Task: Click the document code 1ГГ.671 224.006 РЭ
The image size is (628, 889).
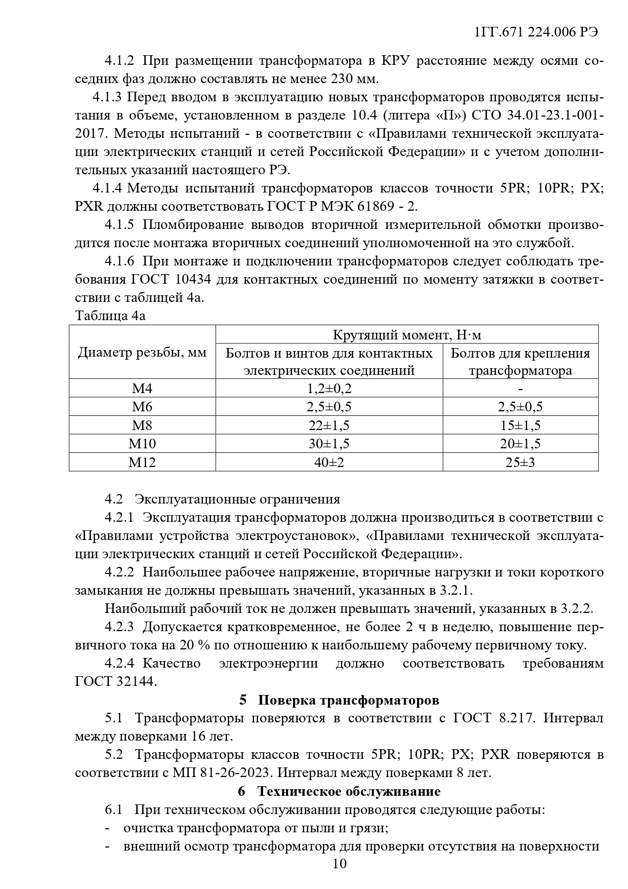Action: tap(536, 32)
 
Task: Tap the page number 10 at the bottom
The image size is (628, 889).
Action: tap(340, 863)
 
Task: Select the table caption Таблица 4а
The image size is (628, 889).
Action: tap(110, 316)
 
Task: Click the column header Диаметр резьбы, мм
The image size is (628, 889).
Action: tap(142, 353)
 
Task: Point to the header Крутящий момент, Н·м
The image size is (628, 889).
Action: tap(407, 335)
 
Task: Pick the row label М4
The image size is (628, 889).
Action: tap(142, 389)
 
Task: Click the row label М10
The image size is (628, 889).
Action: tap(142, 444)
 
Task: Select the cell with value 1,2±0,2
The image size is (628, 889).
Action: tap(329, 389)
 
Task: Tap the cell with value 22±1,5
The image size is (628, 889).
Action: tap(329, 426)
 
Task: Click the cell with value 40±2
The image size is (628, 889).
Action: tap(329, 462)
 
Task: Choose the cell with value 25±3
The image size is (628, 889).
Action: tap(520, 462)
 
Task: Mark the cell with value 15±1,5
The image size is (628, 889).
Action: tap(520, 426)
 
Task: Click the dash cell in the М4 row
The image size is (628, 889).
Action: tap(520, 389)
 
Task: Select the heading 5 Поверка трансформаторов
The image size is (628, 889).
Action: tap(339, 700)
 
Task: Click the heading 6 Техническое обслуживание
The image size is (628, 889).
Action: tap(339, 791)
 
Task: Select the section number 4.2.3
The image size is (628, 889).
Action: tap(119, 627)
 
